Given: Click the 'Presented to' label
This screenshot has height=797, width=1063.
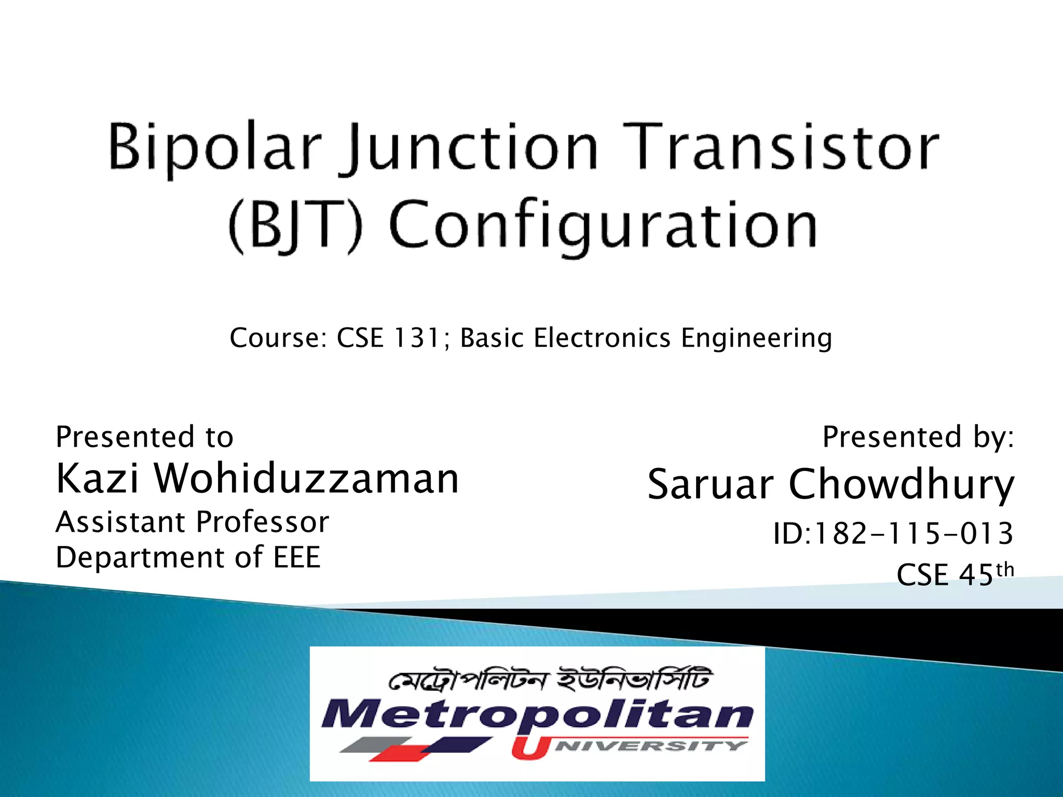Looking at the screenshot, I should tap(144, 437).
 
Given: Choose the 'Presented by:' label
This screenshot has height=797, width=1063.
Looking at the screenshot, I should tap(918, 437).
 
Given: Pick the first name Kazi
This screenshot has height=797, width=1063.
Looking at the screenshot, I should tap(98, 478).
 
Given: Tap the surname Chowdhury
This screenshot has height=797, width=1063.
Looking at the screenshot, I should tap(901, 485).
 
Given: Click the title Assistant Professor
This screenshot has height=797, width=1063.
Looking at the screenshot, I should tap(192, 522).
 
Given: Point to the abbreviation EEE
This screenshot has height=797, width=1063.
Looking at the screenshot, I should tap(297, 558).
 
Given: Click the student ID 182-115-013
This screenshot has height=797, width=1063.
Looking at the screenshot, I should tap(912, 534).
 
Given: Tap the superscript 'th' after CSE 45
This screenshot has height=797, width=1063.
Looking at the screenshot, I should tap(1005, 570).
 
